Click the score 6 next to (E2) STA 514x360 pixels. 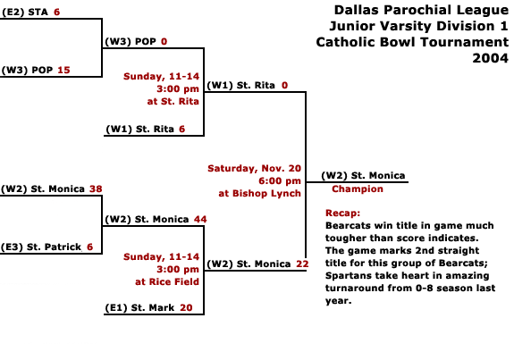tap(56, 13)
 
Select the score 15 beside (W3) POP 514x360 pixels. tap(64, 70)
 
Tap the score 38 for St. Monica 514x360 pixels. tap(96, 189)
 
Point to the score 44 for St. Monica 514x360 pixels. tap(200, 219)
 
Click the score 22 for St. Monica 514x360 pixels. tap(302, 264)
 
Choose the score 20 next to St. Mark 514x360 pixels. tap(186, 308)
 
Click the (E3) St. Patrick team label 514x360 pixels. tap(41, 247)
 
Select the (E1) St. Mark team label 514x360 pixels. tap(139, 308)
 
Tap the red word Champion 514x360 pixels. tap(358, 189)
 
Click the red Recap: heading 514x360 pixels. tap(342, 213)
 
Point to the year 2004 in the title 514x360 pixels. tap(490, 58)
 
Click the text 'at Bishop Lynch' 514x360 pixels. tap(259, 193)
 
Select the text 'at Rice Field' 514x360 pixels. tap(167, 281)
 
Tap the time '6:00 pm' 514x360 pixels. tap(280, 180)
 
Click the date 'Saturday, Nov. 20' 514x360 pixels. tap(254, 168)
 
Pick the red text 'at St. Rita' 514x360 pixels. tap(173, 102)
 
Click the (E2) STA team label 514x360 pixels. tap(25, 13)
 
